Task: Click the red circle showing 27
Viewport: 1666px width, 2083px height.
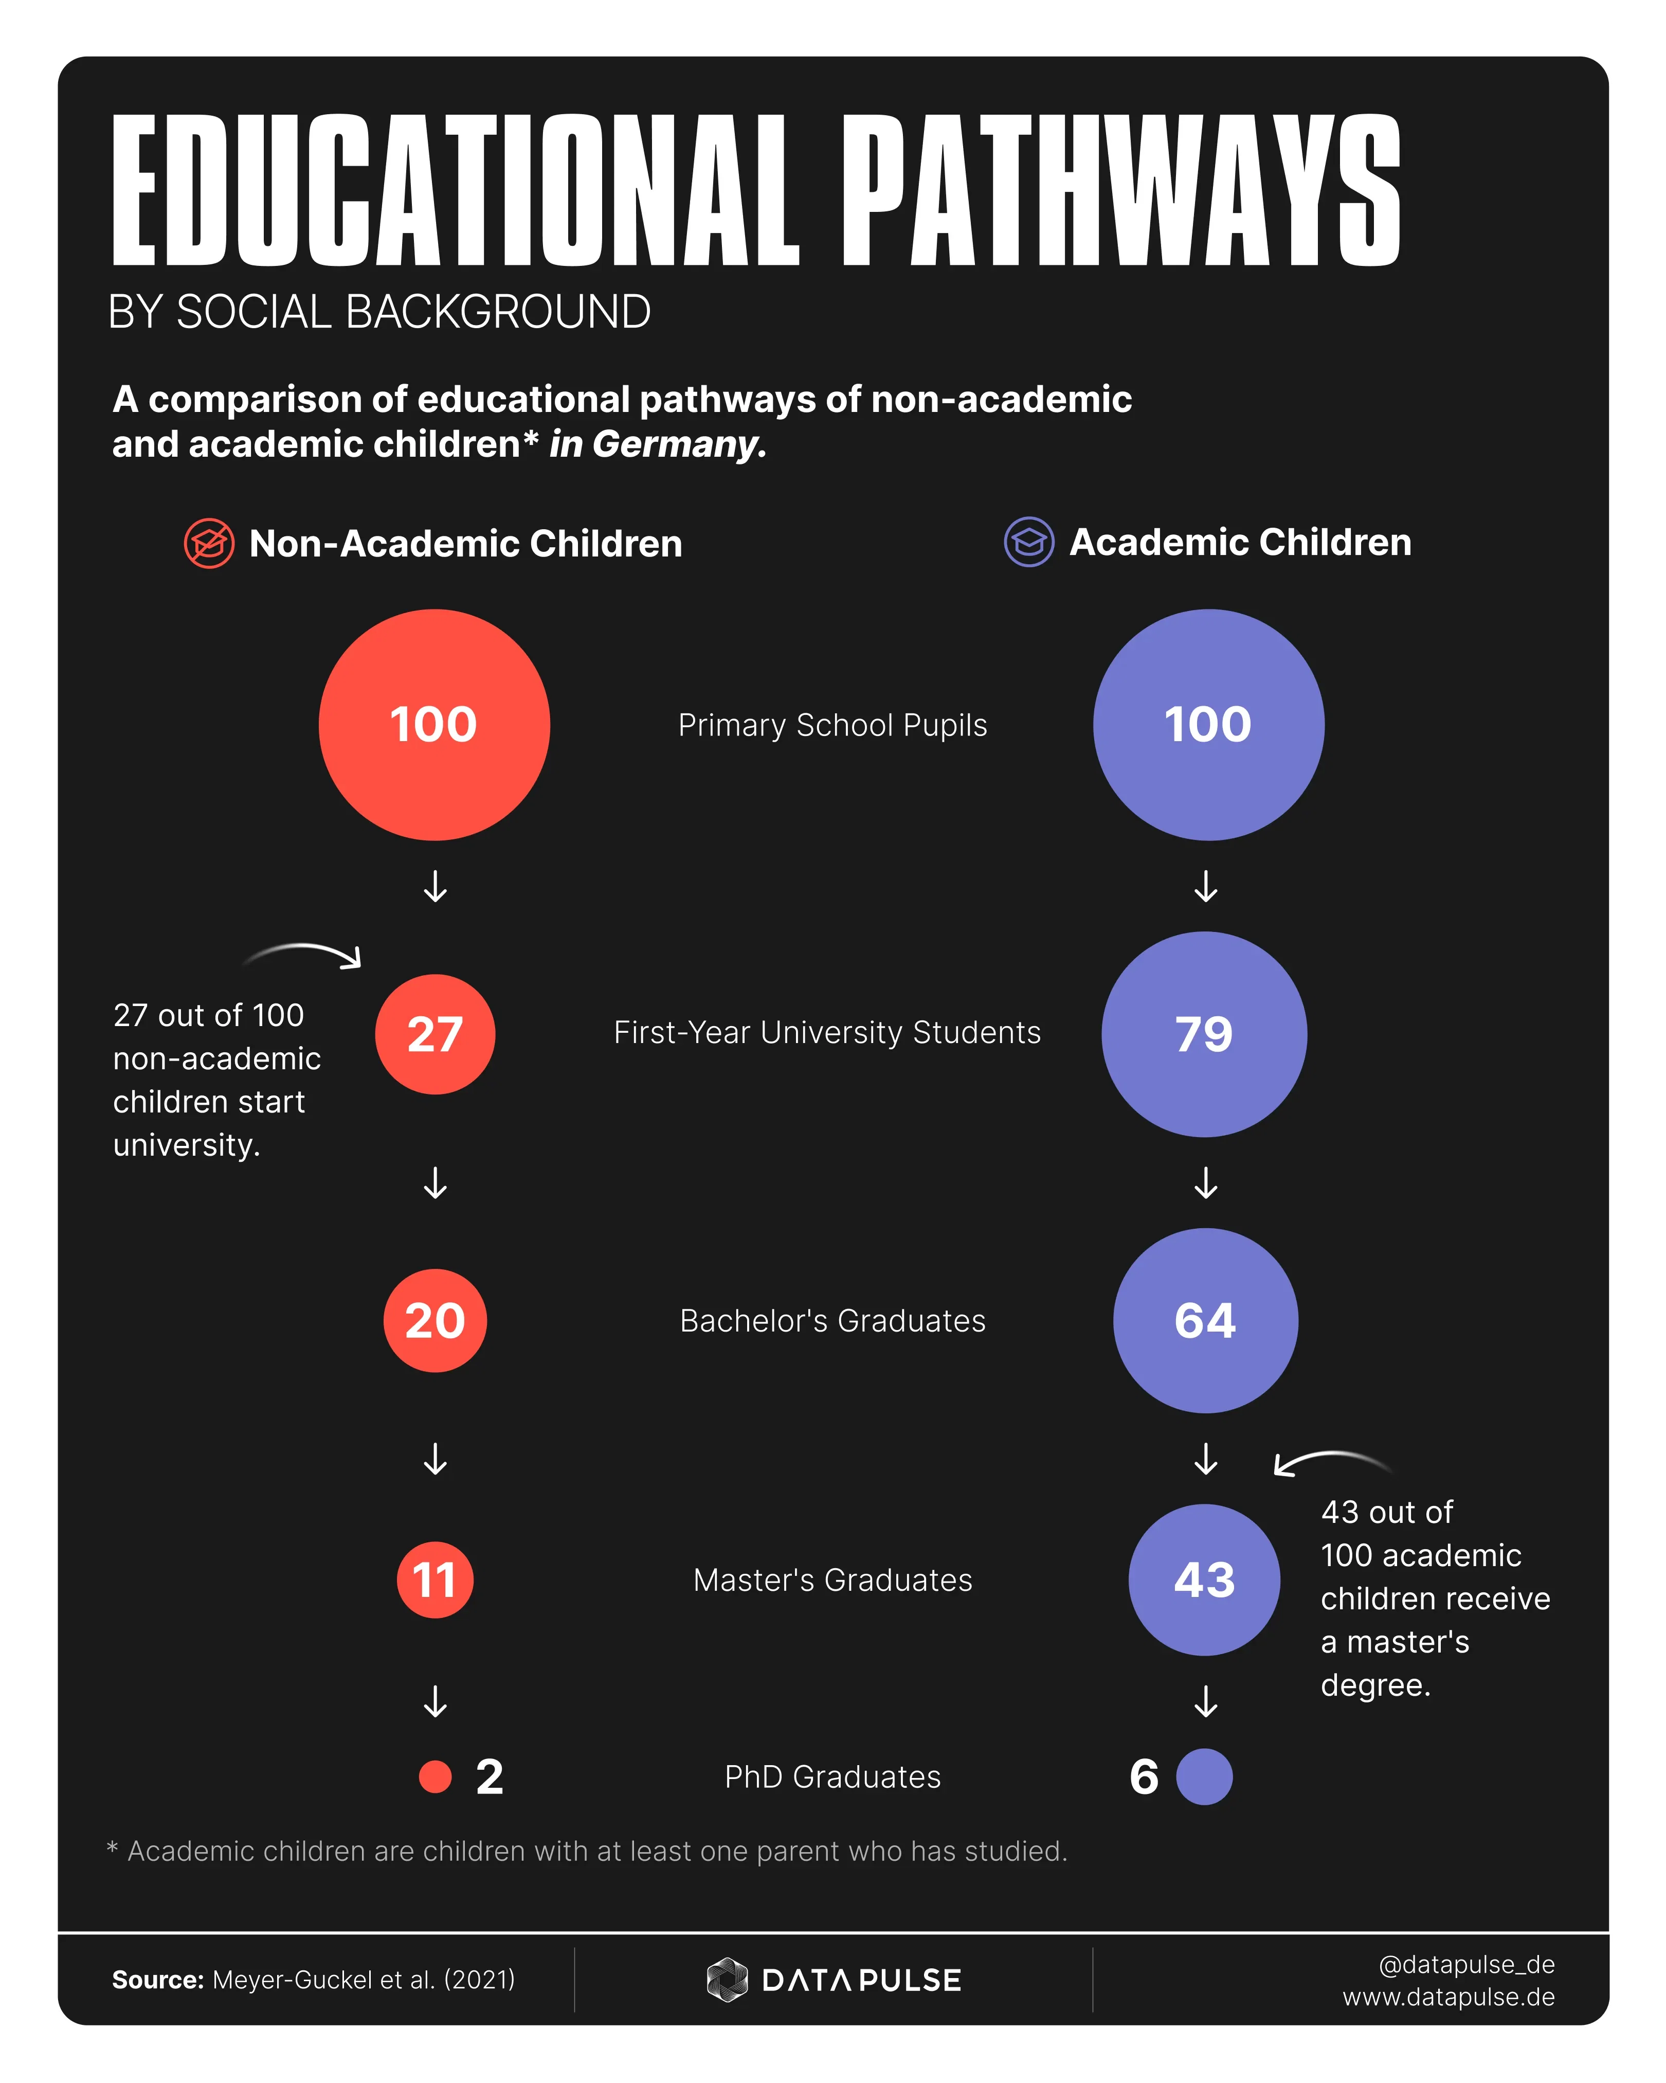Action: pos(434,1034)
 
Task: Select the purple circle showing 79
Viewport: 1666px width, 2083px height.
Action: pos(1204,1034)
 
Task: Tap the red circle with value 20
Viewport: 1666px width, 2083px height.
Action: pos(434,1321)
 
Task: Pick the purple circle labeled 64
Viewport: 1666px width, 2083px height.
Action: pos(1205,1321)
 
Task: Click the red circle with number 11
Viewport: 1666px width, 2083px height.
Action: pos(434,1579)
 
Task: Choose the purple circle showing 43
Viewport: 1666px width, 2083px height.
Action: pos(1204,1579)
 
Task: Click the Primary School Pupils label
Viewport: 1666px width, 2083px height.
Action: pos(832,725)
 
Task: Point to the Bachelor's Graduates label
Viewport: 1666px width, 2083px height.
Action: pos(832,1321)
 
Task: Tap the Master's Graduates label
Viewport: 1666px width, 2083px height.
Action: pos(832,1579)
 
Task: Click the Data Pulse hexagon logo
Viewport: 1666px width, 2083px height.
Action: pos(727,1980)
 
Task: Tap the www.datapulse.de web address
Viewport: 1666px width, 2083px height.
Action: pos(1448,1997)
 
